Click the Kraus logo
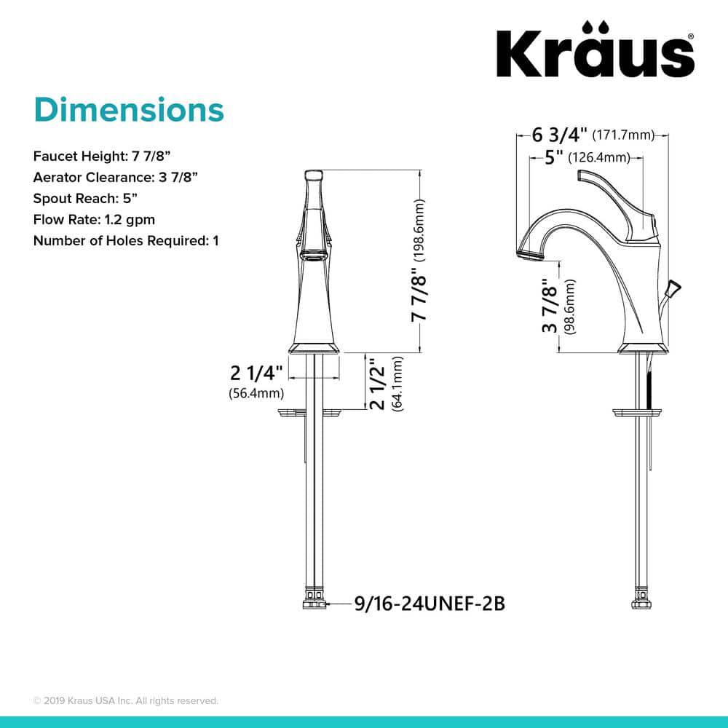[x=595, y=53]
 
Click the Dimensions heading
[x=128, y=110]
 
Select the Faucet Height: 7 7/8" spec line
[x=102, y=156]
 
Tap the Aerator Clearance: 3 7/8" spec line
[x=116, y=177]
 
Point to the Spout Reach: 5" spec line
[x=85, y=198]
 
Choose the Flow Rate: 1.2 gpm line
[x=94, y=219]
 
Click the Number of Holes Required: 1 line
[x=126, y=240]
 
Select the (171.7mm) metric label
[x=622, y=135]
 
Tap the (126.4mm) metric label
[x=598, y=158]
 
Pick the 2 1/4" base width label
[x=255, y=374]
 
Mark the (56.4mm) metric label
[x=250, y=394]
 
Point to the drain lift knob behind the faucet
[x=673, y=289]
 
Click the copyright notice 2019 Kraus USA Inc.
[x=125, y=700]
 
